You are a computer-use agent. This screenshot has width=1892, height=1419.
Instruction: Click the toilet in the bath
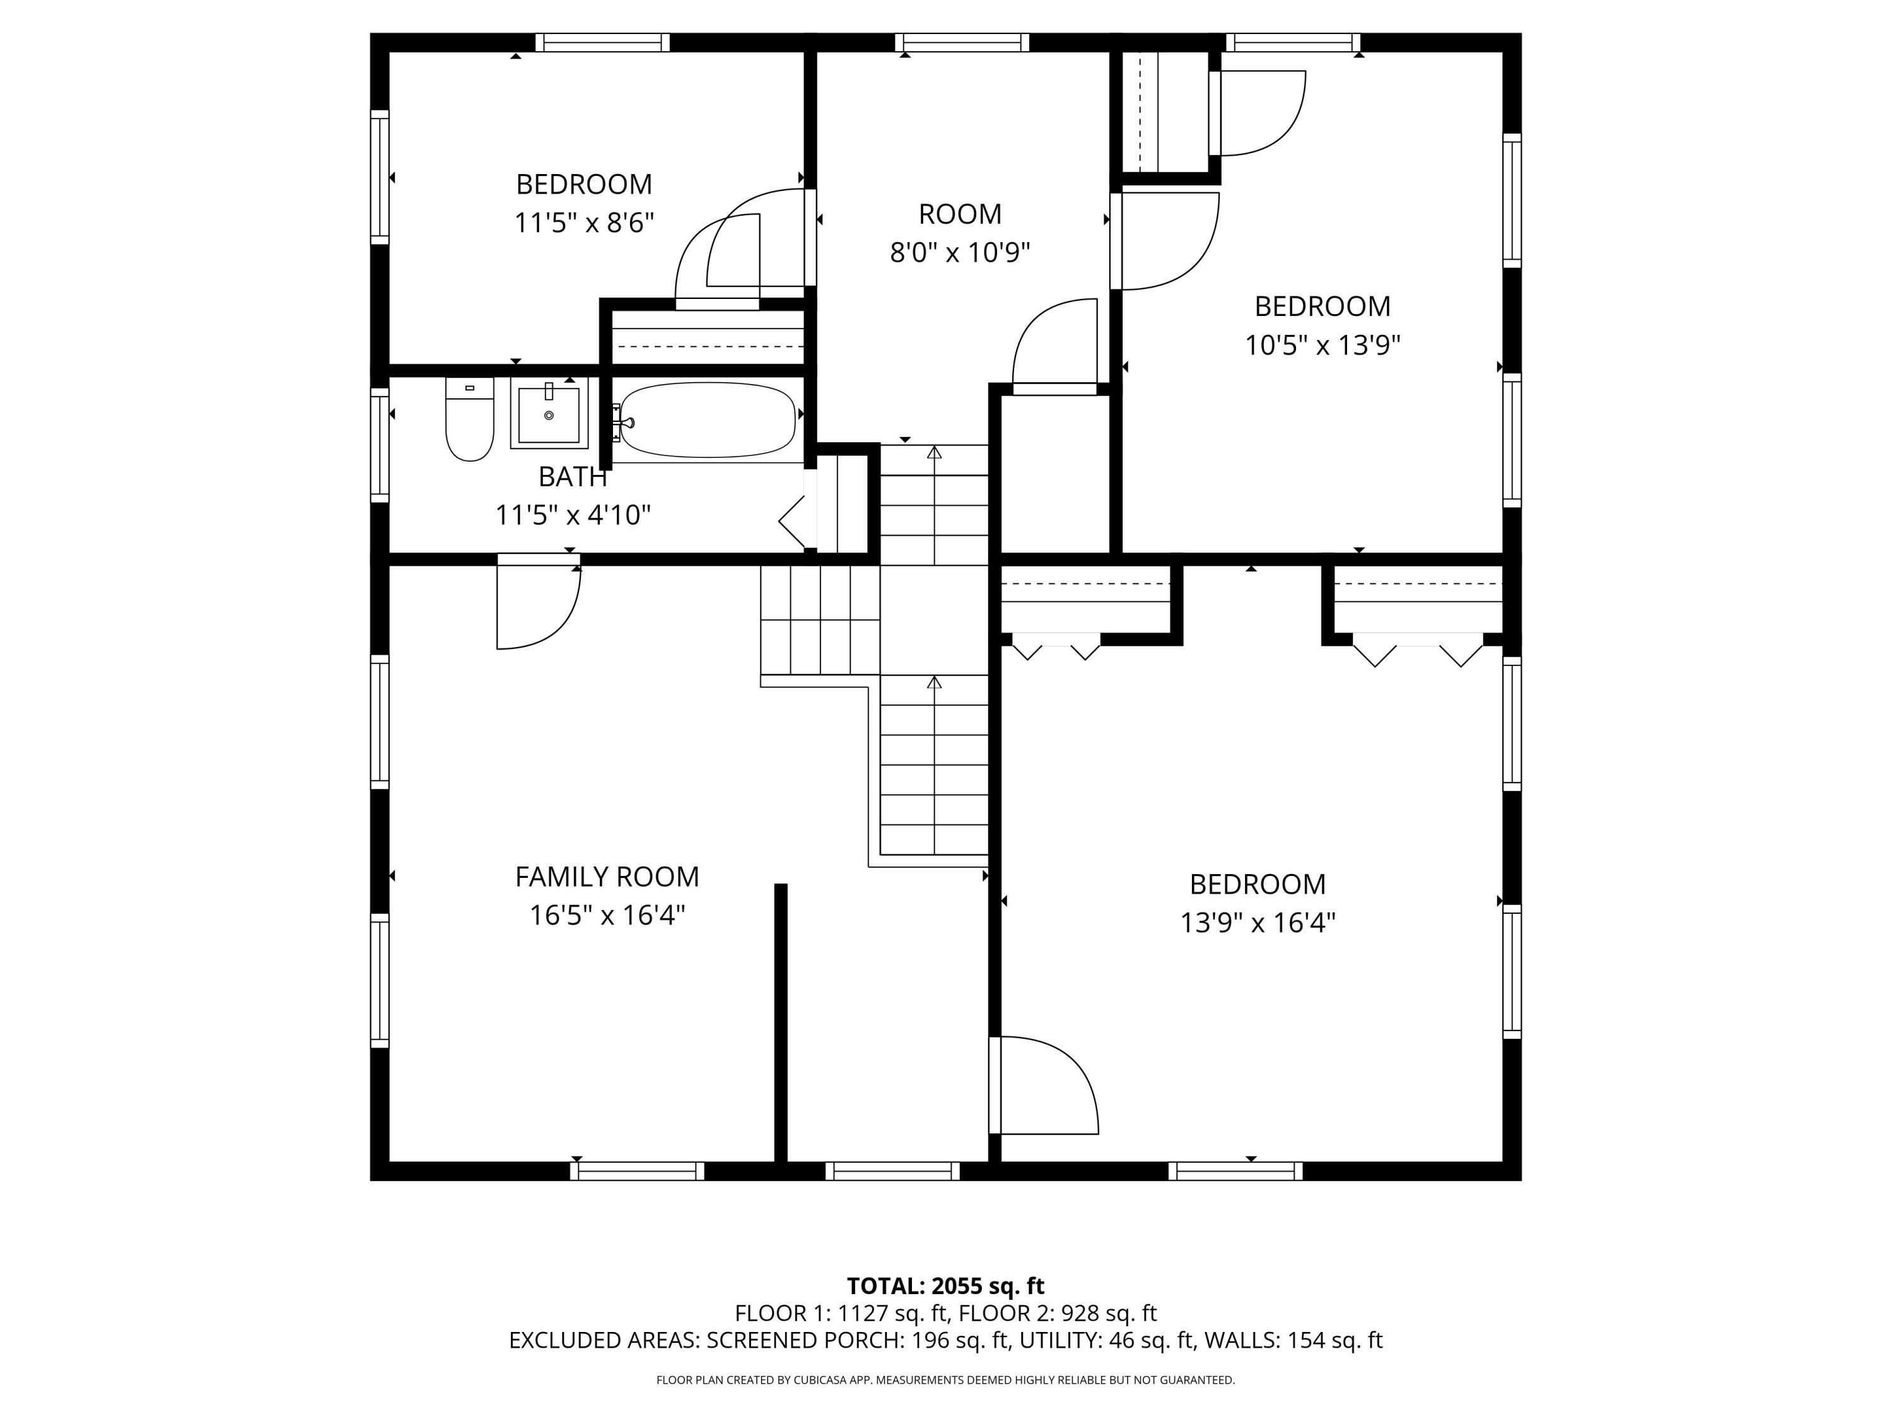tap(470, 421)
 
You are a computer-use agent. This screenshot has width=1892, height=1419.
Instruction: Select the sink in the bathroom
tap(549, 414)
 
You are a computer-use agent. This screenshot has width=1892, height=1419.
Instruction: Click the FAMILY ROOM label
tap(607, 877)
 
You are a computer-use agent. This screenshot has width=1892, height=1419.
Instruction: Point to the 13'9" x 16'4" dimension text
tap(1258, 923)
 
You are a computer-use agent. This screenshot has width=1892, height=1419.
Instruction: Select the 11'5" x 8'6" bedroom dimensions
tap(583, 223)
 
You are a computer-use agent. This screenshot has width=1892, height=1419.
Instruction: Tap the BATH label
tap(572, 476)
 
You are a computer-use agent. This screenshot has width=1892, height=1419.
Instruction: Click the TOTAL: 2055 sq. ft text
tap(945, 1285)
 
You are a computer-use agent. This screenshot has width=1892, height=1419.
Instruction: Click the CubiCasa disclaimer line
tap(945, 1380)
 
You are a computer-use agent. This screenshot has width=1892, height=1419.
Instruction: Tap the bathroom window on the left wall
tap(379, 445)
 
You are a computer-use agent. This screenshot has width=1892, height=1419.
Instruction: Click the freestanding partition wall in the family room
tap(780, 1022)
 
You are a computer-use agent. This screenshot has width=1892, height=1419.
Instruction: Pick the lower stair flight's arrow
tap(934, 682)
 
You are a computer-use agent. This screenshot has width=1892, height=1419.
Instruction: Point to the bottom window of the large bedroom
tap(1235, 1171)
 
